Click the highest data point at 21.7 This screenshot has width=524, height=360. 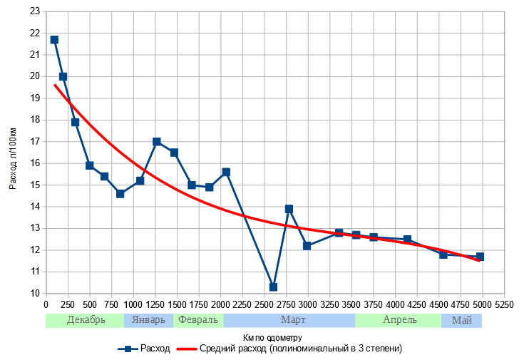(x=54, y=40)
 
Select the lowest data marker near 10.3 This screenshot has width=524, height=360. (x=273, y=287)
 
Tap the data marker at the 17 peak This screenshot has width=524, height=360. (x=157, y=142)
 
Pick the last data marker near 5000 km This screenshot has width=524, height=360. (x=480, y=257)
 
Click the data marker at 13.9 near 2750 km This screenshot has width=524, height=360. (x=289, y=209)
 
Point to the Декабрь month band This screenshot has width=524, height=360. (x=86, y=320)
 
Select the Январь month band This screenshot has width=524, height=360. (x=149, y=320)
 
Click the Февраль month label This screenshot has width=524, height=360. (x=198, y=320)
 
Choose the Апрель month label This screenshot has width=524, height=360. (x=399, y=320)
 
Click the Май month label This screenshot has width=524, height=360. (x=462, y=320)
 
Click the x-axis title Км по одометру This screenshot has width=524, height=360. (x=273, y=336)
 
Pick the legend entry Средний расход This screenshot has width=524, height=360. (x=300, y=349)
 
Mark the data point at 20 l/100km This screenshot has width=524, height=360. (x=63, y=76)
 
